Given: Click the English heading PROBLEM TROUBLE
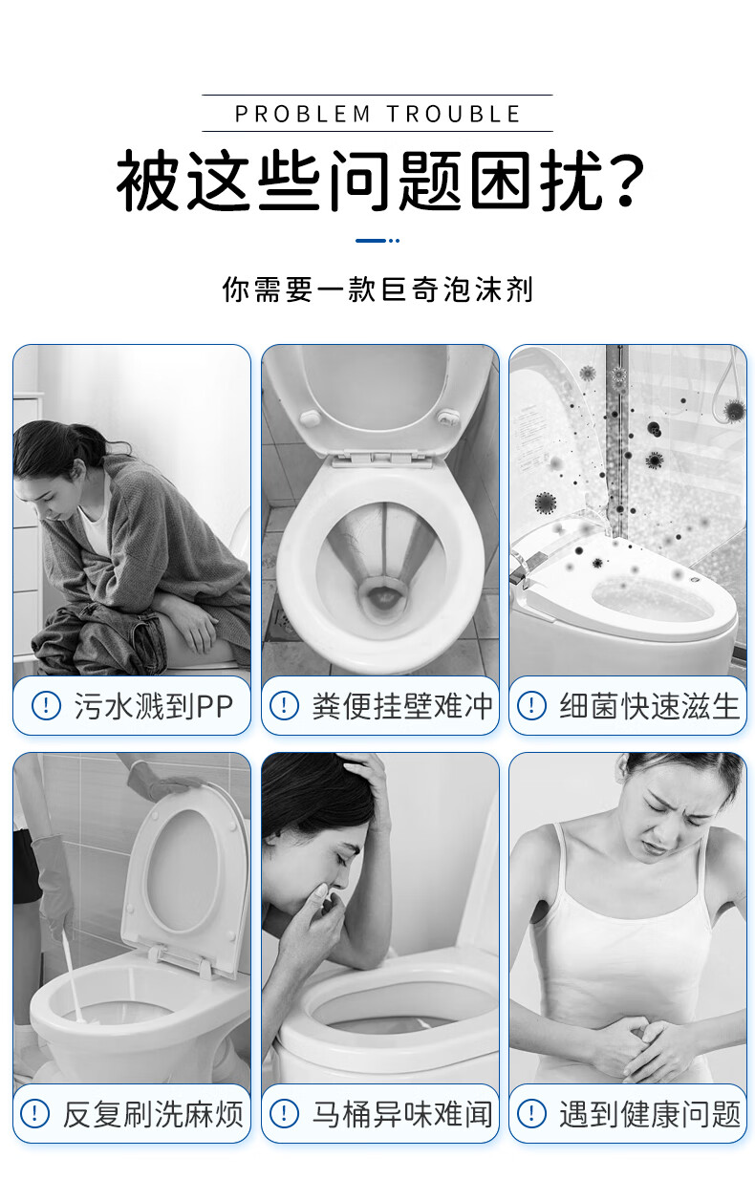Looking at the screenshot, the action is point(377,114).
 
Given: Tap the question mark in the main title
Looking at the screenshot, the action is point(623,179).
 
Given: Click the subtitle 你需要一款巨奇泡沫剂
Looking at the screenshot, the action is point(377,289).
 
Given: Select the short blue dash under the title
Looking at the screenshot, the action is point(371,241).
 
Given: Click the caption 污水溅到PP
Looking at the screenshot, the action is point(153,706).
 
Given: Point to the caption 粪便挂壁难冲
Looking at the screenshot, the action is point(402,706).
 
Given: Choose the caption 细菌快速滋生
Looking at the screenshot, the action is point(650,706).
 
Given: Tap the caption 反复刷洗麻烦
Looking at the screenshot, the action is point(153,1114).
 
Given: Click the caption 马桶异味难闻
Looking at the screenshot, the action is point(402,1114).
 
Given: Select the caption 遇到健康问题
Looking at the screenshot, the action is point(650,1114).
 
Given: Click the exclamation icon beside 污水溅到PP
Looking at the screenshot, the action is point(46,706).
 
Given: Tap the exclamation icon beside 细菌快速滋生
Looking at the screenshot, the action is point(531,706).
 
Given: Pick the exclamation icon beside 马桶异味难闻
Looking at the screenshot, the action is point(284,1114).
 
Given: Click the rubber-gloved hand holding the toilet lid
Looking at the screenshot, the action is point(163,782).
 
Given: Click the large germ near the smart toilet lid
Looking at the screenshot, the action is point(546,503).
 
